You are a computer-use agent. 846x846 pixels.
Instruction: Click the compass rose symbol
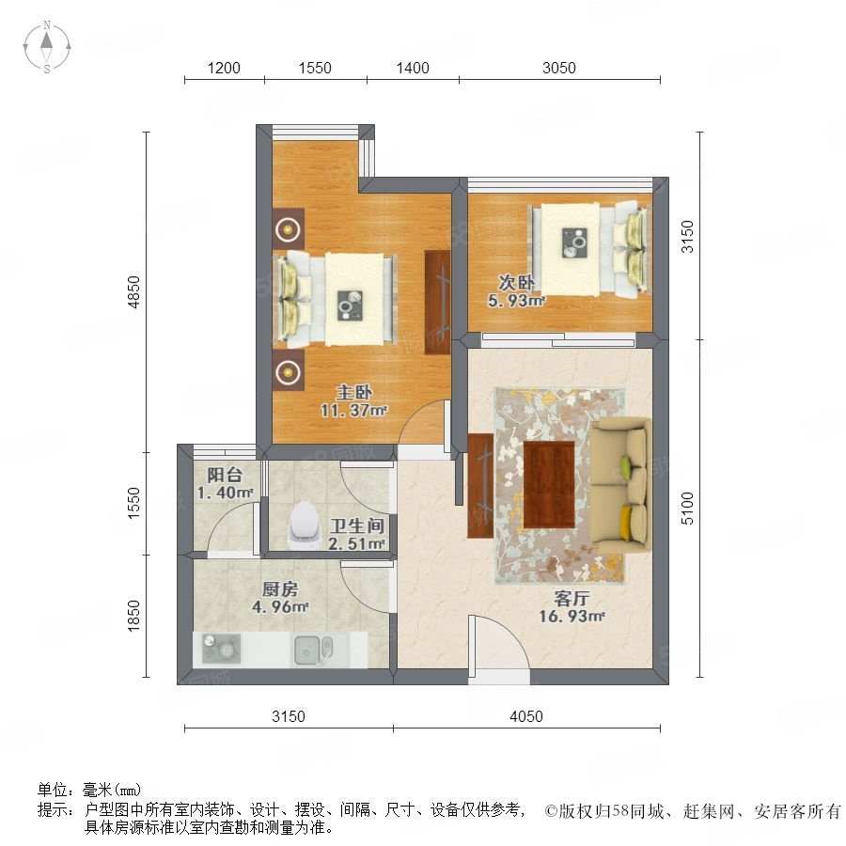click(x=47, y=47)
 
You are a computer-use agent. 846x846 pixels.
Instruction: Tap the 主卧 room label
click(x=354, y=392)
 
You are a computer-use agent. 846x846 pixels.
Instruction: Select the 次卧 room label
click(x=516, y=282)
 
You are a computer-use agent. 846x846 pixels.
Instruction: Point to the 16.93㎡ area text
click(x=572, y=616)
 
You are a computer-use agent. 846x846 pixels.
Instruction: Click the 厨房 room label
click(x=280, y=588)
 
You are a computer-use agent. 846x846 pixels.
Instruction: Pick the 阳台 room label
click(x=225, y=475)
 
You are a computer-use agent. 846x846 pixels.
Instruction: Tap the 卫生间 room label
click(x=357, y=525)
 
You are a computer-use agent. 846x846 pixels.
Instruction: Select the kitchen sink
click(x=313, y=649)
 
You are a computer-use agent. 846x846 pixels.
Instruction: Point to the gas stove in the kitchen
click(x=221, y=648)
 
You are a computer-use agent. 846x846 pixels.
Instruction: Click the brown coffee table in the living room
click(x=549, y=484)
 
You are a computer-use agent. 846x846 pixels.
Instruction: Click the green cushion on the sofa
click(x=626, y=464)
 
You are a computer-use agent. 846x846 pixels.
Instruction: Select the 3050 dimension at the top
click(x=559, y=68)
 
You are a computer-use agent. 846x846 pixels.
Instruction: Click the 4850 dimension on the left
click(x=133, y=292)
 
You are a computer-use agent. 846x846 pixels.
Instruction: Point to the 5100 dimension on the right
click(x=687, y=508)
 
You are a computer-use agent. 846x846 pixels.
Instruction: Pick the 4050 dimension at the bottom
click(x=526, y=716)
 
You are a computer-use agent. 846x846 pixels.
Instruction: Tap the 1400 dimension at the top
click(x=413, y=68)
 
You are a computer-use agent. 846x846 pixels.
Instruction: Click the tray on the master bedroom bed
click(x=351, y=305)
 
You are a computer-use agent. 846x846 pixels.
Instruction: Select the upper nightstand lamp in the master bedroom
click(x=289, y=230)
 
